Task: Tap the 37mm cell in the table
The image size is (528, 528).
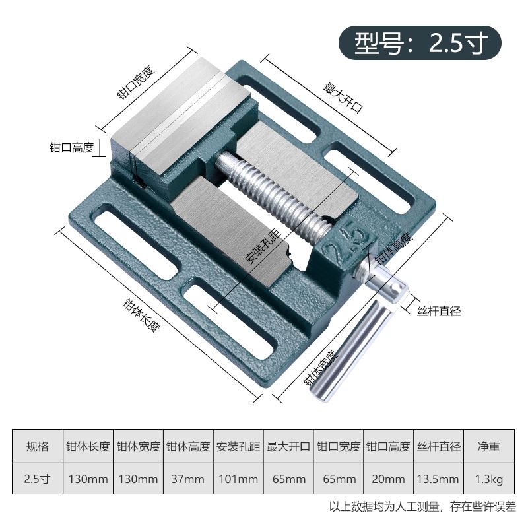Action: click(x=188, y=478)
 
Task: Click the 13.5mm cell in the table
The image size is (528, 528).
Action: click(x=439, y=478)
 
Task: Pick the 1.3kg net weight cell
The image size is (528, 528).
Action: click(x=488, y=478)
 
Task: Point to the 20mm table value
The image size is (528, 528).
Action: click(x=388, y=478)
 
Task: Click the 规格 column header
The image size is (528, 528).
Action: click(x=37, y=447)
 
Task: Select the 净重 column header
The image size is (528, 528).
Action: click(x=488, y=447)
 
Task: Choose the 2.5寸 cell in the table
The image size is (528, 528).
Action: click(x=37, y=478)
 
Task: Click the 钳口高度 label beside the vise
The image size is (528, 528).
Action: click(x=71, y=147)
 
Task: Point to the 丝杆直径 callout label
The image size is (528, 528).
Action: click(x=438, y=310)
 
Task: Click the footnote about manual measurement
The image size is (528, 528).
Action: click(x=422, y=507)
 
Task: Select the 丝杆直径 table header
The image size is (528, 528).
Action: click(x=439, y=447)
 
